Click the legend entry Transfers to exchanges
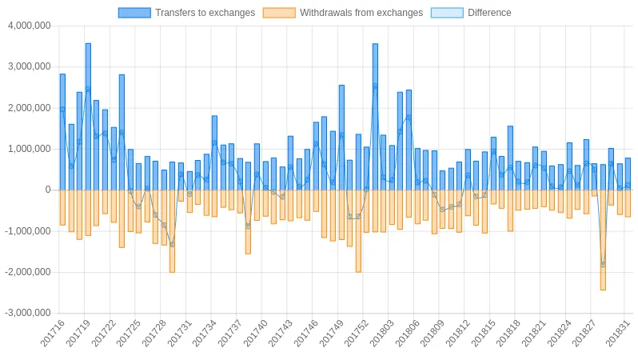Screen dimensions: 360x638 tap(205, 13)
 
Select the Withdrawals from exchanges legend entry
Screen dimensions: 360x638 tap(361, 13)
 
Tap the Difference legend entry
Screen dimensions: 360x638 tap(488, 13)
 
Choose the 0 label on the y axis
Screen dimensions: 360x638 tap(48, 190)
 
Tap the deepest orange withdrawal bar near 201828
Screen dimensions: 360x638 tap(603, 240)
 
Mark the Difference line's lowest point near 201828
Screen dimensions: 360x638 tap(603, 264)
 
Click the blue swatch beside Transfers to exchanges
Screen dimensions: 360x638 tap(134, 13)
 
